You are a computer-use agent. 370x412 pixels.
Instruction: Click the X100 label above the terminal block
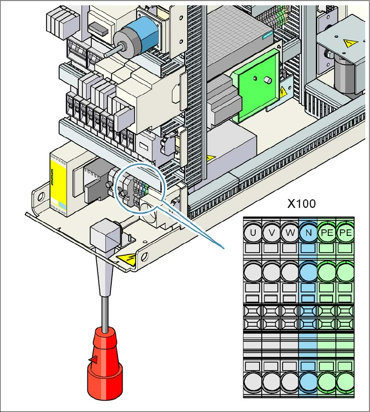click(x=301, y=204)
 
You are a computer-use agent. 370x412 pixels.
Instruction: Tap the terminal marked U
click(x=253, y=233)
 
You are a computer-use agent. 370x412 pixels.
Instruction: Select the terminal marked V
click(x=271, y=233)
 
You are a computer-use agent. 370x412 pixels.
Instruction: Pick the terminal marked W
click(x=290, y=233)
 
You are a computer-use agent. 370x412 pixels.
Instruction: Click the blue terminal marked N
click(x=308, y=233)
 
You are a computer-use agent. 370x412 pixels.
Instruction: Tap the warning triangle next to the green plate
click(x=283, y=92)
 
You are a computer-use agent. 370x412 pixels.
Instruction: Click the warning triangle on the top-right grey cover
click(x=351, y=43)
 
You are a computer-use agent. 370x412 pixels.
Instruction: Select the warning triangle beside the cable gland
click(x=126, y=259)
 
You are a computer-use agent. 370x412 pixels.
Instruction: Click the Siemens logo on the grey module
click(x=268, y=35)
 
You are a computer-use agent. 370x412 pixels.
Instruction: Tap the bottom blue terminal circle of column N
click(x=308, y=383)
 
